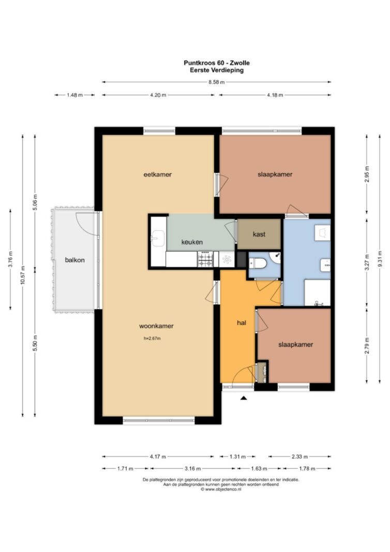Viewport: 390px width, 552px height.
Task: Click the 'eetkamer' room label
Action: click(157, 174)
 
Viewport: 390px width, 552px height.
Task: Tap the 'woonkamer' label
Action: click(156, 326)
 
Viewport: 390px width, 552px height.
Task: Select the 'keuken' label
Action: click(192, 242)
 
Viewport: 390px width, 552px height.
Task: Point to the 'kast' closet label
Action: click(259, 234)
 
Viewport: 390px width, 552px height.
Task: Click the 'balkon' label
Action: click(74, 260)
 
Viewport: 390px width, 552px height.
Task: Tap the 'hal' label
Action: click(242, 322)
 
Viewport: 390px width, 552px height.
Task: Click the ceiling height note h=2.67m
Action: click(152, 339)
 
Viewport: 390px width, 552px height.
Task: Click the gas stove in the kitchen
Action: click(205, 260)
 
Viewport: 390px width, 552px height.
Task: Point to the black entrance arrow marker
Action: click(243, 398)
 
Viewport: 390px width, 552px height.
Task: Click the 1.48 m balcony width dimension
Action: click(74, 95)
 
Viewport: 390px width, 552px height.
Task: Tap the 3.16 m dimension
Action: click(192, 469)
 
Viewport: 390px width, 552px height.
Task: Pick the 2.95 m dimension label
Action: click(367, 174)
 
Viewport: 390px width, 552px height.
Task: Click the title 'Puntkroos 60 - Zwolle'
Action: click(217, 63)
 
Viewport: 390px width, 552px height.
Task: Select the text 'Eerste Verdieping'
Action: click(217, 70)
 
